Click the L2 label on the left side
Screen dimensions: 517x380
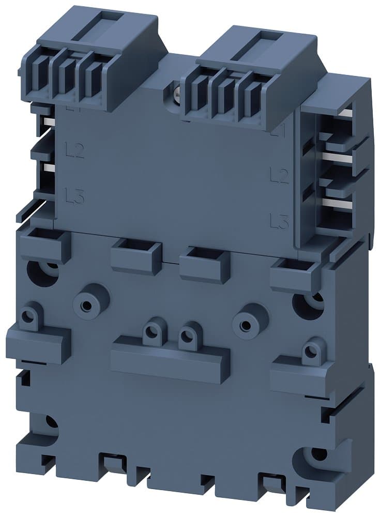75,152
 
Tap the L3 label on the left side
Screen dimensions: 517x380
75,196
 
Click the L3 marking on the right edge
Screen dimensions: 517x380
279,222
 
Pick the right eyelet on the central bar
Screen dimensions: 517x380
188,338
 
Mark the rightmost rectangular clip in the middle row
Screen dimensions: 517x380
295,272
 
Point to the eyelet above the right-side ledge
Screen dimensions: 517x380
310,351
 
